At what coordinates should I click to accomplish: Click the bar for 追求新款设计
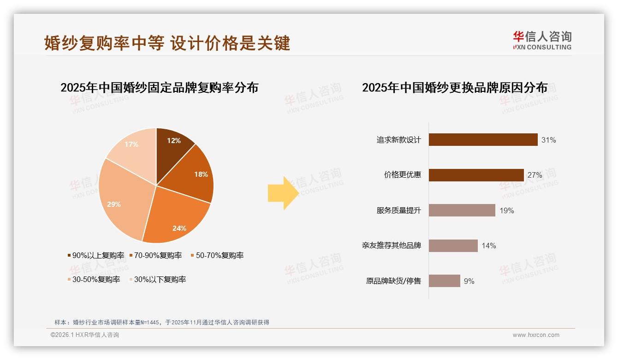(483, 139)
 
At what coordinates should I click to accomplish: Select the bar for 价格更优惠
(476, 175)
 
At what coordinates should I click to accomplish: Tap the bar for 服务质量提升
(462, 210)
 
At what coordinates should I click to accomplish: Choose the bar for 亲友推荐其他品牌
(453, 246)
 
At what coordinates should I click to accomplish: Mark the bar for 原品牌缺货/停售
(444, 281)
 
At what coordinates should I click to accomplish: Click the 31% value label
(549, 140)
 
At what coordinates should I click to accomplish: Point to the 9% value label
(469, 281)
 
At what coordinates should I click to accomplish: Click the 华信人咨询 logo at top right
(542, 40)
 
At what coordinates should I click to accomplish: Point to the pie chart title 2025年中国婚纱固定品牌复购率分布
(159, 87)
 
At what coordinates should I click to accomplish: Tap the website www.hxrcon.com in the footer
(536, 335)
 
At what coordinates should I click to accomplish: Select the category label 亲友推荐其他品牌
(392, 246)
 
